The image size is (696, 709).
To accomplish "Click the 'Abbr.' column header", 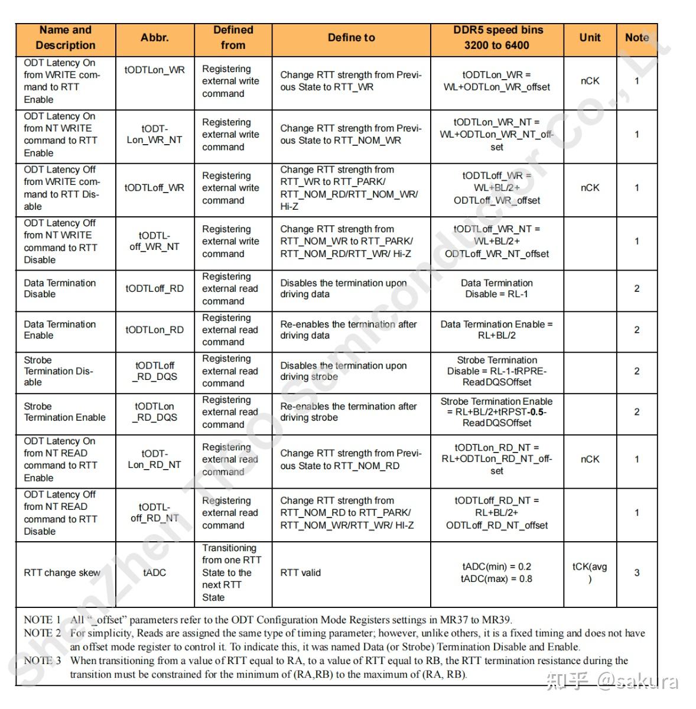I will (154, 38).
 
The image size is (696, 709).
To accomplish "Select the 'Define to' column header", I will (351, 38).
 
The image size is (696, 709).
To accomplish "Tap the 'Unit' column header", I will (590, 38).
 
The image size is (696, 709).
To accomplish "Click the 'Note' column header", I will (636, 38).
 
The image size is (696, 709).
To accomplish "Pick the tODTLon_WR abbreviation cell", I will (154, 70).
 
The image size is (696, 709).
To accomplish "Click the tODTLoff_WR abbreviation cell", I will (154, 188).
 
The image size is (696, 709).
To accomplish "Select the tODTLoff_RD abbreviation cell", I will (154, 289).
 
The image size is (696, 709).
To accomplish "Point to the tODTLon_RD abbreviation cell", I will (154, 330).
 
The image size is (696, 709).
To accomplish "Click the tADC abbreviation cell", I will (154, 573).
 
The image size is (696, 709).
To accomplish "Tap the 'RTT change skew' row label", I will (62, 573).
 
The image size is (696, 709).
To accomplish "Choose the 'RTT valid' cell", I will (300, 573).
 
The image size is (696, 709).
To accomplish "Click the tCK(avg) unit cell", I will (590, 573).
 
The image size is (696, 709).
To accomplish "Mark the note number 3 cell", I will (636, 573).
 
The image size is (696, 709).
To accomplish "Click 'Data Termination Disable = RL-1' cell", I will (496, 289).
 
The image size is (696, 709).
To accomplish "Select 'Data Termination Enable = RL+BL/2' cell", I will (496, 330).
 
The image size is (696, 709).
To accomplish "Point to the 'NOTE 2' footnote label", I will (42, 633).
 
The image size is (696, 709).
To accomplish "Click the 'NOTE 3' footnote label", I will (42, 661).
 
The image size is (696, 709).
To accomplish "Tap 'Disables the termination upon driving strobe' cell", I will (343, 371).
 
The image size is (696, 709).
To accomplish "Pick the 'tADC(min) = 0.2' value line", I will (496, 567).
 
